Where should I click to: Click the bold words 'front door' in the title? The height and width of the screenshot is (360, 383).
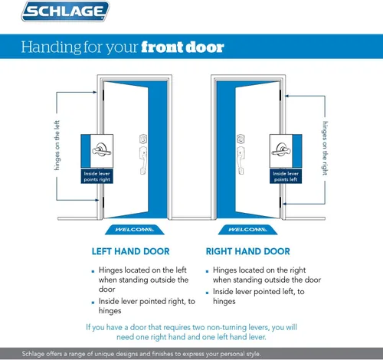coord(182,47)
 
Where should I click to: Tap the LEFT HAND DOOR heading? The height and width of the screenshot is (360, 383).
coord(130,250)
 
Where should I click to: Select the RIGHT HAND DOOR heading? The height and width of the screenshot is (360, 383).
coord(247,250)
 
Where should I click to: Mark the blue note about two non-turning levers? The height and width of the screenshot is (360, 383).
coord(191,332)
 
